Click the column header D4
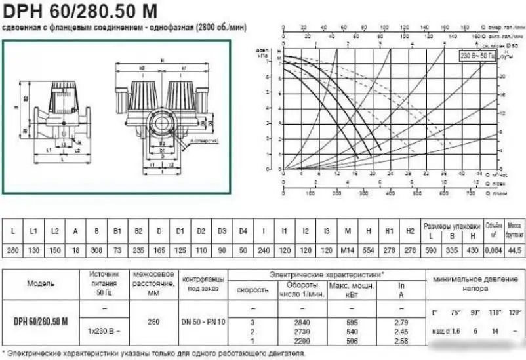click(x=243, y=231)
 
